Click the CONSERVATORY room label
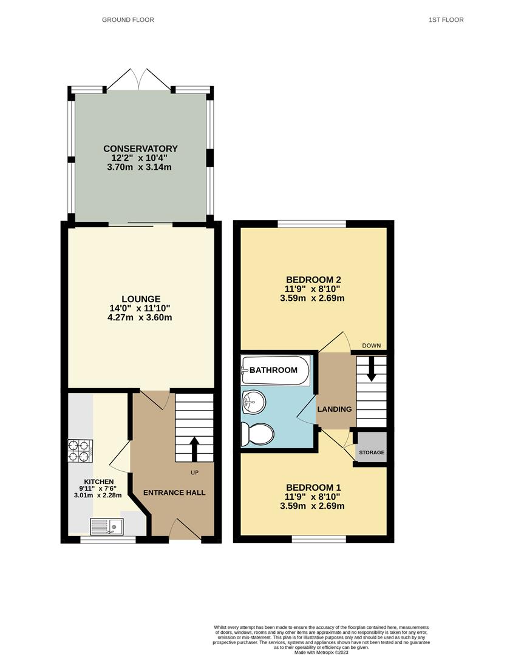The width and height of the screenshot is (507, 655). coord(140,149)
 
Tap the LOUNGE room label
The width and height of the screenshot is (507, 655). coord(140,299)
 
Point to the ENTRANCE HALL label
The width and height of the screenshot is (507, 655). coord(174,492)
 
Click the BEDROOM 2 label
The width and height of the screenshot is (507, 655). coord(313,280)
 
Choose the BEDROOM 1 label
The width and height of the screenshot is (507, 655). coord(313,487)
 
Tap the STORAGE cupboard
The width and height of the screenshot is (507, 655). coord(371,452)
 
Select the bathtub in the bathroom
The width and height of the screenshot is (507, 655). coord(276,370)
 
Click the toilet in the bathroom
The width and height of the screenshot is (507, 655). coord(257,434)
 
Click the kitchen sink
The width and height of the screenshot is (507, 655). coord(106,526)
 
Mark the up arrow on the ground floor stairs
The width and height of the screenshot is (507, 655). coord(195,449)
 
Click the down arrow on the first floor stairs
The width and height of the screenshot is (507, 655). coord(371,369)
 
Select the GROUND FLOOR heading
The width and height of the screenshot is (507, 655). coord(128,20)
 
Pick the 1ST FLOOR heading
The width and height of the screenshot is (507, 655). coord(446,20)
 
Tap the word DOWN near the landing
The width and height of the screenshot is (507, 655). coord(371,346)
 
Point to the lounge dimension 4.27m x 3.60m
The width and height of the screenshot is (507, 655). coord(140,317)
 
